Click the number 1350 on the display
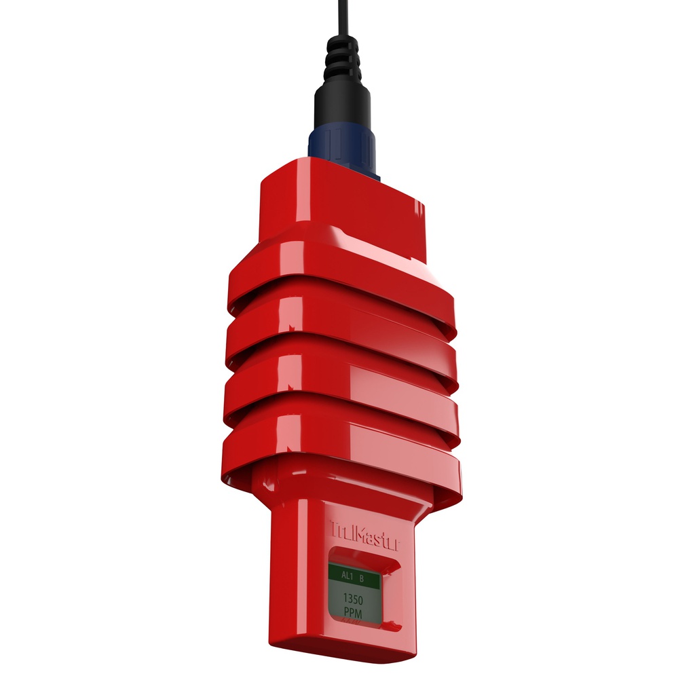353,600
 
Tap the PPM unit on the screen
353,614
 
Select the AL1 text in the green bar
346,577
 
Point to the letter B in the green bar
362,578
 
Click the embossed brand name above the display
364,532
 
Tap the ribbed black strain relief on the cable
343,61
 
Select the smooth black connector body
342,109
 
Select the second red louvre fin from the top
339,333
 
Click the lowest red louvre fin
339,451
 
